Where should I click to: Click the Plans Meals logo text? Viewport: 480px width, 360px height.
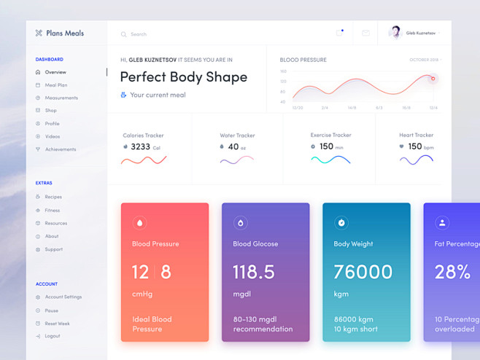(x=64, y=33)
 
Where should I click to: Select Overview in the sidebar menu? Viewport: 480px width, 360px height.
(x=55, y=72)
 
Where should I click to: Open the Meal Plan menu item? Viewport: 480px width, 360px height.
(x=55, y=85)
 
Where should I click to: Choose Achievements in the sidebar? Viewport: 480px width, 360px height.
(x=60, y=149)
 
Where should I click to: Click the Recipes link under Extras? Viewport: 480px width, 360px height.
(x=53, y=197)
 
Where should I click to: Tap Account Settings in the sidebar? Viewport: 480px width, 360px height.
(x=63, y=297)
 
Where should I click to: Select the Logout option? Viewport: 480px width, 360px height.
(x=52, y=336)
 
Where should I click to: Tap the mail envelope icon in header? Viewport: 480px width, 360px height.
(x=365, y=33)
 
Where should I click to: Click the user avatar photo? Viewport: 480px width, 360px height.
(x=395, y=33)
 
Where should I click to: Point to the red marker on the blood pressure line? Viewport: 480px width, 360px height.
(x=433, y=79)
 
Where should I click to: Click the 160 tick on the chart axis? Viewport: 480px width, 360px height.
(x=283, y=71)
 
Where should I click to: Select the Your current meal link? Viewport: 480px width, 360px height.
(x=158, y=95)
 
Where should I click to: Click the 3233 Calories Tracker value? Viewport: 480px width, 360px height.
(x=140, y=146)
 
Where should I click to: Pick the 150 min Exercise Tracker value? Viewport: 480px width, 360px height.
(x=326, y=146)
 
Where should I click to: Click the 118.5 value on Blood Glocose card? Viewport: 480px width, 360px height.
(x=254, y=272)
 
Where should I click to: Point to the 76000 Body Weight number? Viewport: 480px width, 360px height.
(x=363, y=272)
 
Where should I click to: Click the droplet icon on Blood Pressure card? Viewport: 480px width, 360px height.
(x=139, y=222)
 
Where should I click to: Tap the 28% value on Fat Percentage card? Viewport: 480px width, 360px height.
(x=452, y=272)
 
